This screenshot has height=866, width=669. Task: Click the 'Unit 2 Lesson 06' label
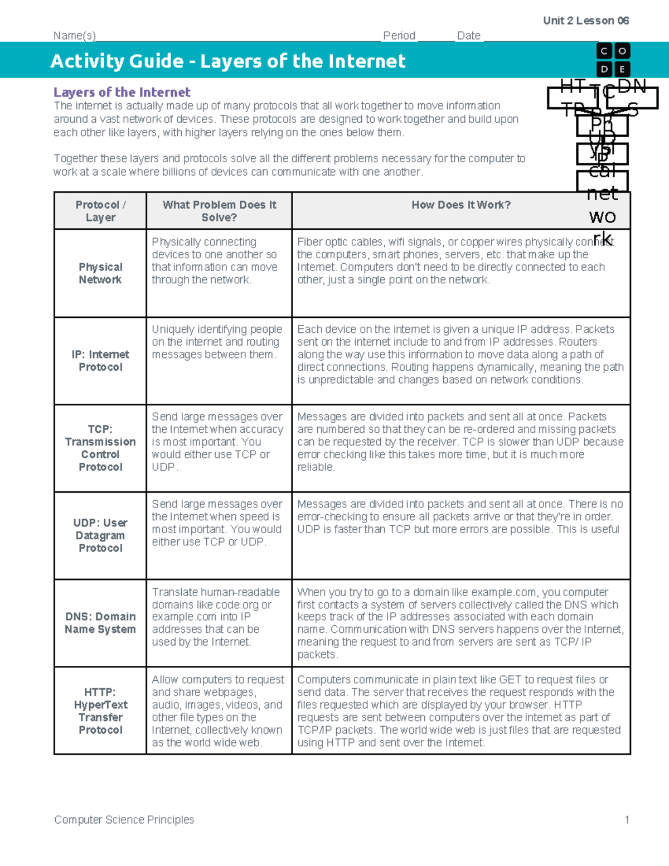tap(585, 21)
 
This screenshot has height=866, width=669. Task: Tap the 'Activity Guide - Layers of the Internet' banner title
tap(228, 61)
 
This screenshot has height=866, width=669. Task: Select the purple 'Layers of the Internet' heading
tap(122, 92)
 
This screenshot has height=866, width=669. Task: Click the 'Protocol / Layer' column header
tap(100, 211)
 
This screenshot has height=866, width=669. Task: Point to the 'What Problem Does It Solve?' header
tap(219, 211)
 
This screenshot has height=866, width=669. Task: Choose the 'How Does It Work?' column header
tap(461, 205)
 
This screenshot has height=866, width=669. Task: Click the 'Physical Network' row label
tap(100, 273)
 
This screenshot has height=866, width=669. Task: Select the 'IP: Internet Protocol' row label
tap(100, 361)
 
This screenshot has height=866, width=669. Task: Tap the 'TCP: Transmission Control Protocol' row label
tap(100, 448)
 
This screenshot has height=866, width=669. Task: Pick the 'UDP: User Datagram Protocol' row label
tap(100, 535)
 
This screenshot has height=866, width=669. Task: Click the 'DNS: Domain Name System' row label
tap(100, 623)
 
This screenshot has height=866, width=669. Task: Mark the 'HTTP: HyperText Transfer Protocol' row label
tap(100, 711)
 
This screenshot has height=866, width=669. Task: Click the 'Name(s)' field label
tap(75, 36)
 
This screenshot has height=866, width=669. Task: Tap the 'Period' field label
tap(399, 36)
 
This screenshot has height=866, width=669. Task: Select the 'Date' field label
tap(469, 36)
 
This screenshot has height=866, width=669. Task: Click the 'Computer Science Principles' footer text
tap(124, 819)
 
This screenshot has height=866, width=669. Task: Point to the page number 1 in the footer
tap(627, 819)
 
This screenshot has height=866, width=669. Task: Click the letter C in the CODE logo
tap(604, 51)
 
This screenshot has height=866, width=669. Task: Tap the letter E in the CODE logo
tap(622, 69)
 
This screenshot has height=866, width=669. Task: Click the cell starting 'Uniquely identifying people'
tap(217, 342)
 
